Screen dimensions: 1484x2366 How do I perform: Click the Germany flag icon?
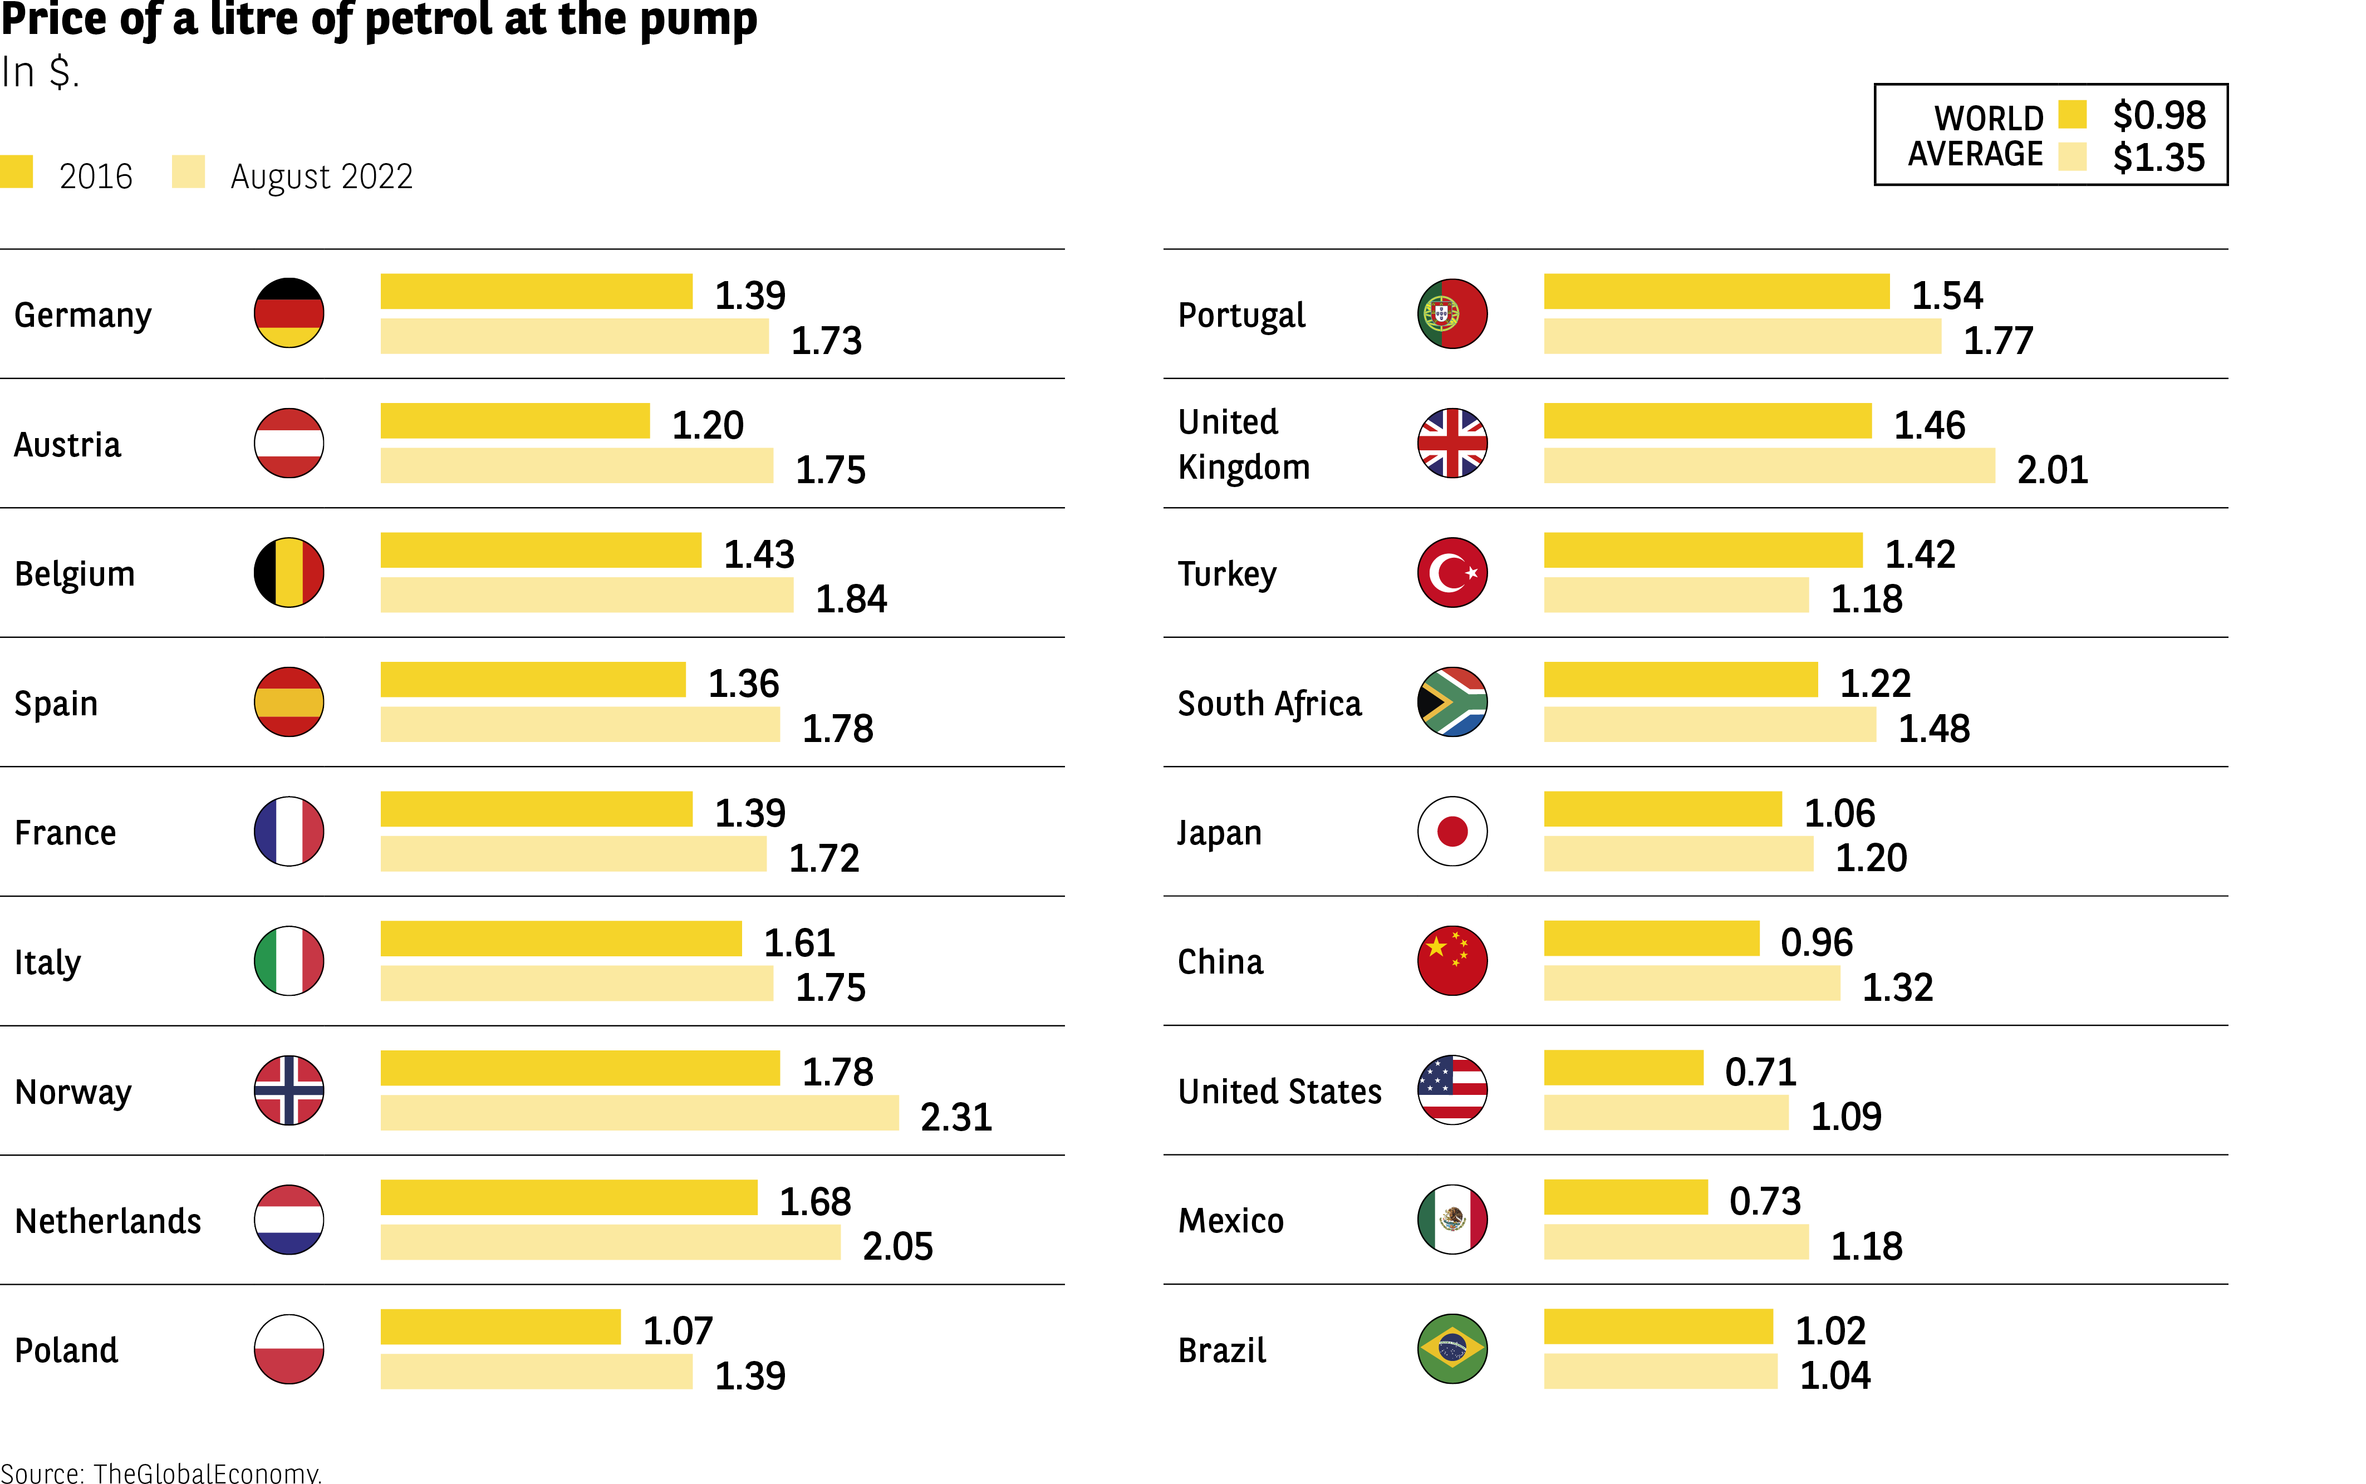[x=288, y=313]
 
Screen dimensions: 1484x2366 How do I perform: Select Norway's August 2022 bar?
[x=639, y=1113]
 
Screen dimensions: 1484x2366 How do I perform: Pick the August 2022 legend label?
[x=321, y=176]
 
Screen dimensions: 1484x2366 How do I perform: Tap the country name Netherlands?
[x=108, y=1221]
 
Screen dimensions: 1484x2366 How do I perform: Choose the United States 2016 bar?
[x=1623, y=1068]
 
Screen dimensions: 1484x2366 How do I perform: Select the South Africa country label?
[x=1269, y=704]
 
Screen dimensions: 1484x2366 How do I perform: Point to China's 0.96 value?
[x=1817, y=942]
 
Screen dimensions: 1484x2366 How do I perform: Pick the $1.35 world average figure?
[x=2159, y=157]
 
